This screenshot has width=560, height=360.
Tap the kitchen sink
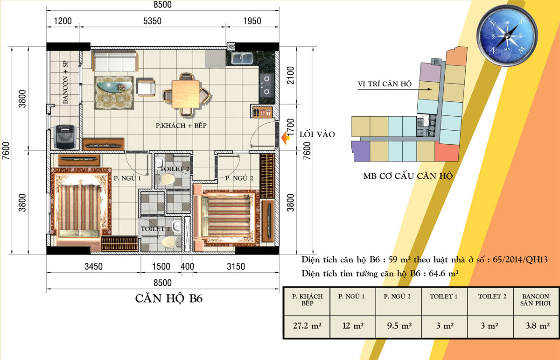[x=242, y=58]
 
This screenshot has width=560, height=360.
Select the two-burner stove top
[x=266, y=85]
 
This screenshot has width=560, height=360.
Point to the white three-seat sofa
[x=115, y=61]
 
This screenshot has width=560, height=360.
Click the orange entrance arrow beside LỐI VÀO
[x=285, y=138]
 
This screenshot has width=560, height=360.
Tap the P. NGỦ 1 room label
[x=127, y=178]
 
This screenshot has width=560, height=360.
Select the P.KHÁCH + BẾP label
[x=181, y=125]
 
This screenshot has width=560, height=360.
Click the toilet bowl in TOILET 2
[x=168, y=180]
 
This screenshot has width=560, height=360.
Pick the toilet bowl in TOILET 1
[x=170, y=242]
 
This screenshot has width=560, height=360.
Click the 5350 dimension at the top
[x=152, y=21]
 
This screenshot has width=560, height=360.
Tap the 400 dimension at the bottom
[x=187, y=267]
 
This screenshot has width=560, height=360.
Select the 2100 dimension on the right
[x=290, y=75]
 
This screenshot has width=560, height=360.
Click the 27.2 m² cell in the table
[x=307, y=326]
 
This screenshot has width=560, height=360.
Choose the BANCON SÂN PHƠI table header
[x=536, y=300]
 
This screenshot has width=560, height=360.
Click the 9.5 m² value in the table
[x=399, y=326]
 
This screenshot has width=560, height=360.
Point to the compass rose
[x=507, y=35]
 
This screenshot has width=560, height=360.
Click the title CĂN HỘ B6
[x=169, y=298]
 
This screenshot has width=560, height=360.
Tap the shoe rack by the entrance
[x=262, y=112]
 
